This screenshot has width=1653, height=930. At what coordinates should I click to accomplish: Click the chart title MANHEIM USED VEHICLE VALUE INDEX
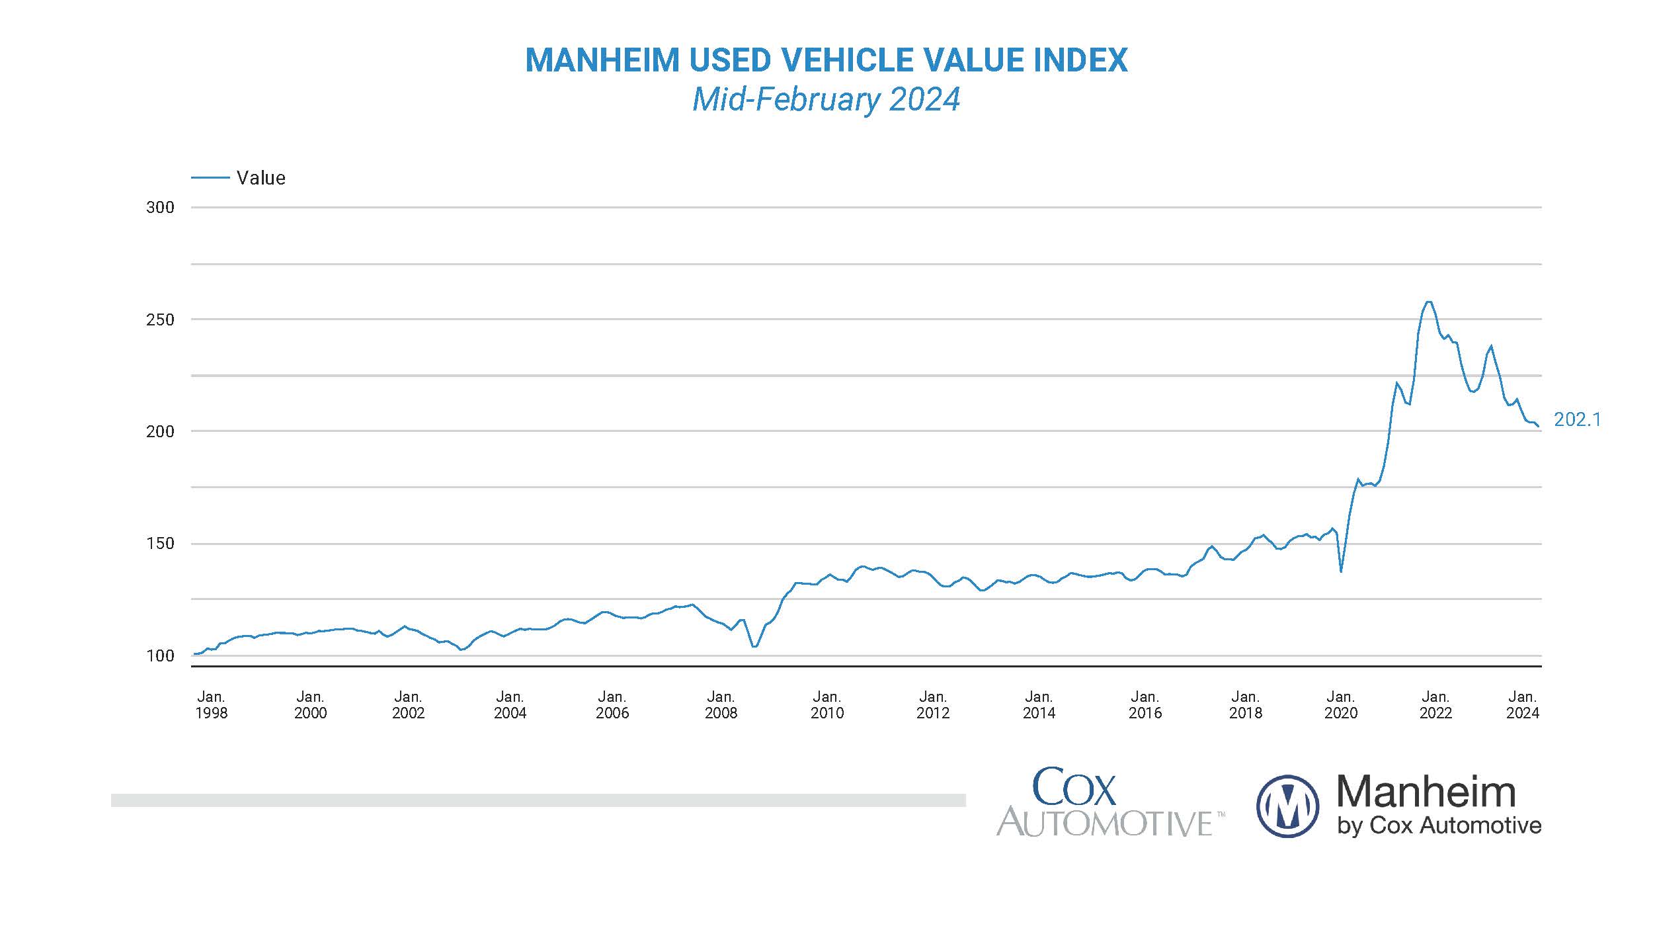826,60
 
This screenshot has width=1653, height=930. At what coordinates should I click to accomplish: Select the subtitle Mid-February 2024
826,100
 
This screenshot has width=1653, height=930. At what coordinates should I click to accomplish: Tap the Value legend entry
261,178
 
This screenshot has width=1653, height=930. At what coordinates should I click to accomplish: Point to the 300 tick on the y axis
160,208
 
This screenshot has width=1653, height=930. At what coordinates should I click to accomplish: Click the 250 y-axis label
160,319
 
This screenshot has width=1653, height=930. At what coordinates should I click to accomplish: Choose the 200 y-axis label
160,431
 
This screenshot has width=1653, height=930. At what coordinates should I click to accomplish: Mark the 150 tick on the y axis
160,544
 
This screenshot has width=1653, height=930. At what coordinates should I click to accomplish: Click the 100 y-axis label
160,655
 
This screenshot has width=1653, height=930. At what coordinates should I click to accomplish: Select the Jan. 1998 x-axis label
211,704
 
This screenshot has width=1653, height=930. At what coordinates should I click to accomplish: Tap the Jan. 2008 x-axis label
721,704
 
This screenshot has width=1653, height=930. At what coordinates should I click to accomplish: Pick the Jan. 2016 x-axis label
1145,704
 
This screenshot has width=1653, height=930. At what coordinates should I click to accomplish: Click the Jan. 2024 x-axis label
1523,704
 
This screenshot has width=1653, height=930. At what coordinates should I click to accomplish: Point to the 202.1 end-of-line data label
1577,419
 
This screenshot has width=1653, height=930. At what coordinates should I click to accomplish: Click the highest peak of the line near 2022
1428,302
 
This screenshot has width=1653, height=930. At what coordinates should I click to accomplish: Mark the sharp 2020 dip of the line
1340,571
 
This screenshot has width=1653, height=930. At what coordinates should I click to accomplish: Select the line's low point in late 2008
754,646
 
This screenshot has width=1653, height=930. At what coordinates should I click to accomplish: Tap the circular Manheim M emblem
1287,806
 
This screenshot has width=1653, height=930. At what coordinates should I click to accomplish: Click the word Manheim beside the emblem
1426,792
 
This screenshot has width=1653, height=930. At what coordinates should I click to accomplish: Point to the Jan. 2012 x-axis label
932,704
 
